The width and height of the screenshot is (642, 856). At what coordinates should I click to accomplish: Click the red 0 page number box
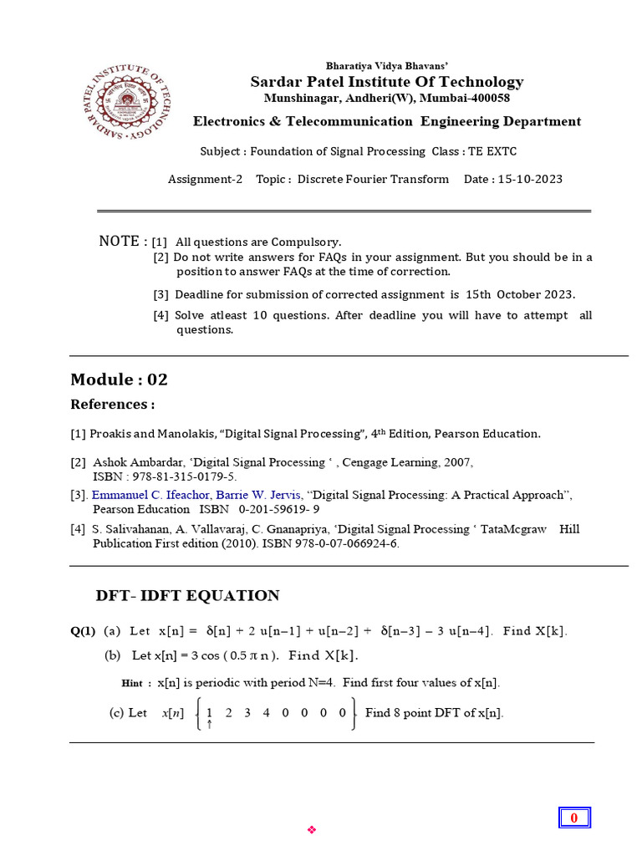pyautogui.click(x=574, y=818)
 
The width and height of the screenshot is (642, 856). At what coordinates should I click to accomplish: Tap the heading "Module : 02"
pyautogui.click(x=119, y=380)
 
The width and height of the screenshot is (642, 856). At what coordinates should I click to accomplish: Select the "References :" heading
pyautogui.click(x=112, y=405)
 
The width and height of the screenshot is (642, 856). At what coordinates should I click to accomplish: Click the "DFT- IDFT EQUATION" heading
pyautogui.click(x=187, y=596)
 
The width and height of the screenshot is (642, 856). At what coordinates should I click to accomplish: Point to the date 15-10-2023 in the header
pyautogui.click(x=529, y=179)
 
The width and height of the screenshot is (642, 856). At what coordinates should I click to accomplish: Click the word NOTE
pyautogui.click(x=120, y=242)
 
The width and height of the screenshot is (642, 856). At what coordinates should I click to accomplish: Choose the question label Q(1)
pyautogui.click(x=83, y=631)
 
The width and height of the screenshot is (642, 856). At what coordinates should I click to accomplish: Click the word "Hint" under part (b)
pyautogui.click(x=132, y=683)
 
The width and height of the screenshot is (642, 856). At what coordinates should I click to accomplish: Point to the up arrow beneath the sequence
pyautogui.click(x=209, y=725)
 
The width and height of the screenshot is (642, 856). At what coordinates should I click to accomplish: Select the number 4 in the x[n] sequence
pyautogui.click(x=266, y=713)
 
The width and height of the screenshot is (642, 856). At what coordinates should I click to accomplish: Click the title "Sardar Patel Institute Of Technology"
pyautogui.click(x=387, y=82)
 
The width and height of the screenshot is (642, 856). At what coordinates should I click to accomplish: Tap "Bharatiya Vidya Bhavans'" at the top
pyautogui.click(x=387, y=65)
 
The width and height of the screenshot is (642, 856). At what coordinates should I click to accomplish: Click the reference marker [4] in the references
pyautogui.click(x=78, y=529)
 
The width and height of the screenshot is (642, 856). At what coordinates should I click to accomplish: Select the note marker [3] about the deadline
pyautogui.click(x=160, y=294)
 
